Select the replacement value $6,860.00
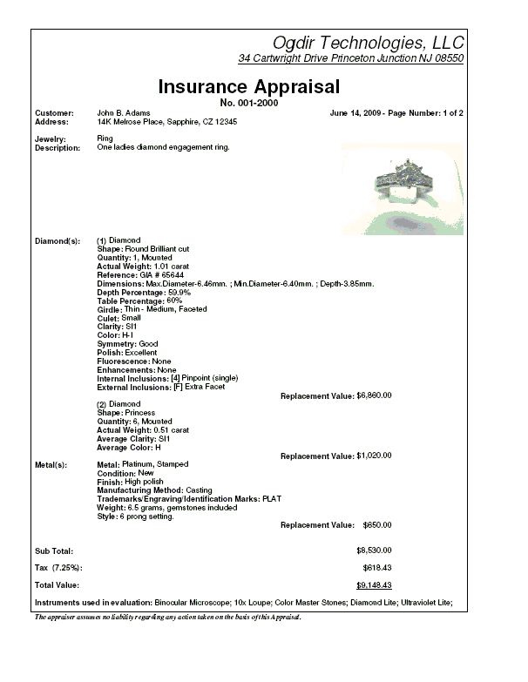tap(374, 395)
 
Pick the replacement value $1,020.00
tap(374, 456)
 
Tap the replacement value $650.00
tap(376, 525)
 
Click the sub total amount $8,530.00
tap(374, 550)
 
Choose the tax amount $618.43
tap(376, 568)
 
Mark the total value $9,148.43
tap(374, 585)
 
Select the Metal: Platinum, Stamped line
tap(142, 464)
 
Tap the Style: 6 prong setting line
tap(135, 517)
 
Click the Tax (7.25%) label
tap(59, 568)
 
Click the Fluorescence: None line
tap(134, 361)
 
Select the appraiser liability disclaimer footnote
tap(167, 617)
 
